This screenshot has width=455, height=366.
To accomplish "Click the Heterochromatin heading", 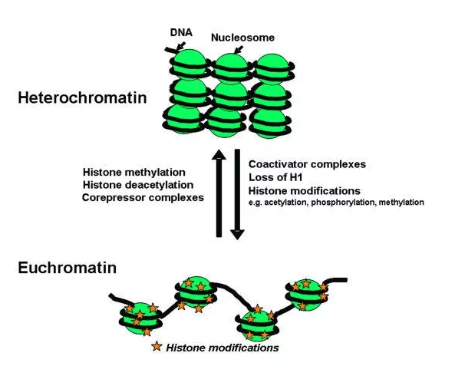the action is [82, 97].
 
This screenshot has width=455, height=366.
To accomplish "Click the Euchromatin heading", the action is [68, 268].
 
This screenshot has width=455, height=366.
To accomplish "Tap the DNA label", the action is [181, 32].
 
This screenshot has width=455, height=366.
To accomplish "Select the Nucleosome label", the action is [242, 38].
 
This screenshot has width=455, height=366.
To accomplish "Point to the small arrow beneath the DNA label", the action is [181, 45].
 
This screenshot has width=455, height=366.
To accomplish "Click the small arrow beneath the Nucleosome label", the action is [239, 50].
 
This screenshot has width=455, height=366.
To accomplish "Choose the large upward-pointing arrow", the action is [219, 193].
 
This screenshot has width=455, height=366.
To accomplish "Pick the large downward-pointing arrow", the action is [237, 194].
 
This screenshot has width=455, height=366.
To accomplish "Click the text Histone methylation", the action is [134, 172].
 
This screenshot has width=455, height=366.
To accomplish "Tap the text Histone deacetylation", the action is [138, 185].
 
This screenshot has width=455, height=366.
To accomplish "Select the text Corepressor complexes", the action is [143, 198].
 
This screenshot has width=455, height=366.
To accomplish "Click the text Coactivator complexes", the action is [307, 164].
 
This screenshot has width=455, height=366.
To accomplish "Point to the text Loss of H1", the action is [275, 177].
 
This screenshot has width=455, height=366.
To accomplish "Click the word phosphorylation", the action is [342, 203].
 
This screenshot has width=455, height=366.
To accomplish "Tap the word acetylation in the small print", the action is [285, 203].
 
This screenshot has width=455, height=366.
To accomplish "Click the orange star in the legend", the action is [157, 346].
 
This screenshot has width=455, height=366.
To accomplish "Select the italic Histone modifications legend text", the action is [223, 348].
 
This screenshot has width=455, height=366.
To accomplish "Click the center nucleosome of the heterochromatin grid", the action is [231, 97].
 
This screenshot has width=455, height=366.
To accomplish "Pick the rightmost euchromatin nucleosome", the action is [307, 295].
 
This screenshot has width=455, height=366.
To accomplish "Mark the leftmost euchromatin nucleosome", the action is [140, 318].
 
